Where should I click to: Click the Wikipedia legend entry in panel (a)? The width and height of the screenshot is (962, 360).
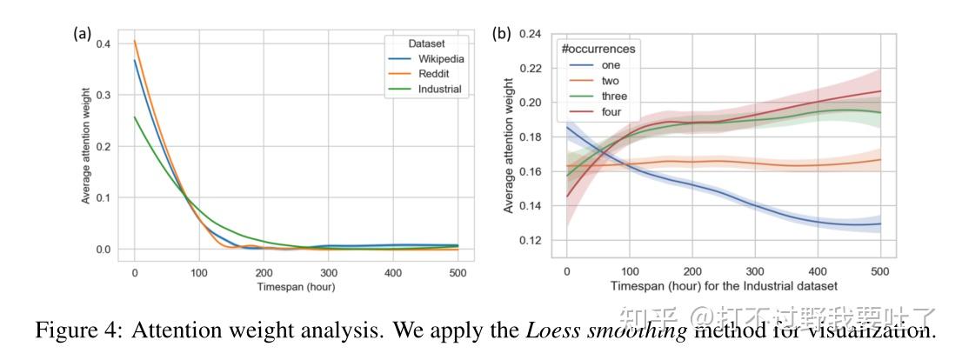tap(440, 59)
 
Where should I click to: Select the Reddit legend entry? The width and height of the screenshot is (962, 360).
tap(433, 75)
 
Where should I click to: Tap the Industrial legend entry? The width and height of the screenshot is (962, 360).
tap(438, 90)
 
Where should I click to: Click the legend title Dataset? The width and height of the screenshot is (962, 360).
tap(426, 43)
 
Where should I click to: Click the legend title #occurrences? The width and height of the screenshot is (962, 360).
tap(598, 50)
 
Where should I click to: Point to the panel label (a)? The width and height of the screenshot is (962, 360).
tap(82, 34)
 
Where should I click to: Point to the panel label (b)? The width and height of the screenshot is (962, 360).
tap(502, 34)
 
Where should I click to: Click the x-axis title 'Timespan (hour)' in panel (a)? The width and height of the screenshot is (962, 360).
tap(296, 287)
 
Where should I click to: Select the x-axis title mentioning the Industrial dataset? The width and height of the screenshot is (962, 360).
tap(724, 287)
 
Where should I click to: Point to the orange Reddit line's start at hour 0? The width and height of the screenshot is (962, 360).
tap(135, 42)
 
